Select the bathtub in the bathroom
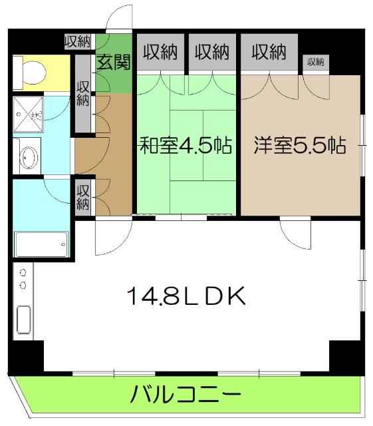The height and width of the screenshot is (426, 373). coord(41,244)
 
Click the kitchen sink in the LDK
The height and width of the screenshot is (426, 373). coord(23,323)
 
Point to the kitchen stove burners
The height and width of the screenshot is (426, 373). coord(23,279)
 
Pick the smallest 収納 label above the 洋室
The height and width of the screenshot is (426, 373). coord(315,62)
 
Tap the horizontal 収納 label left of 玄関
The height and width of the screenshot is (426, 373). coord(78,42)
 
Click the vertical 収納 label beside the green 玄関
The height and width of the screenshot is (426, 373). coord(82,93)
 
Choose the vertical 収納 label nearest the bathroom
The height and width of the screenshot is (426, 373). coord(82,196)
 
